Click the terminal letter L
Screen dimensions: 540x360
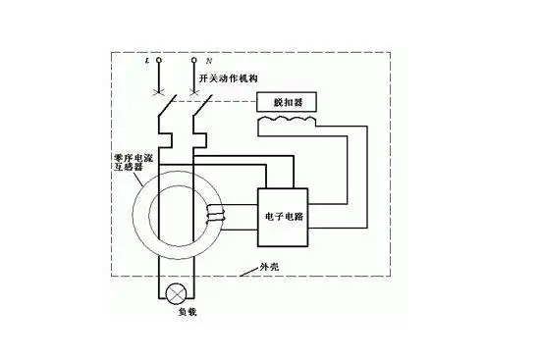click(146, 60)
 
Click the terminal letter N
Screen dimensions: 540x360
click(208, 60)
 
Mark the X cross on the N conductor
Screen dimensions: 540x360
click(194, 92)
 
